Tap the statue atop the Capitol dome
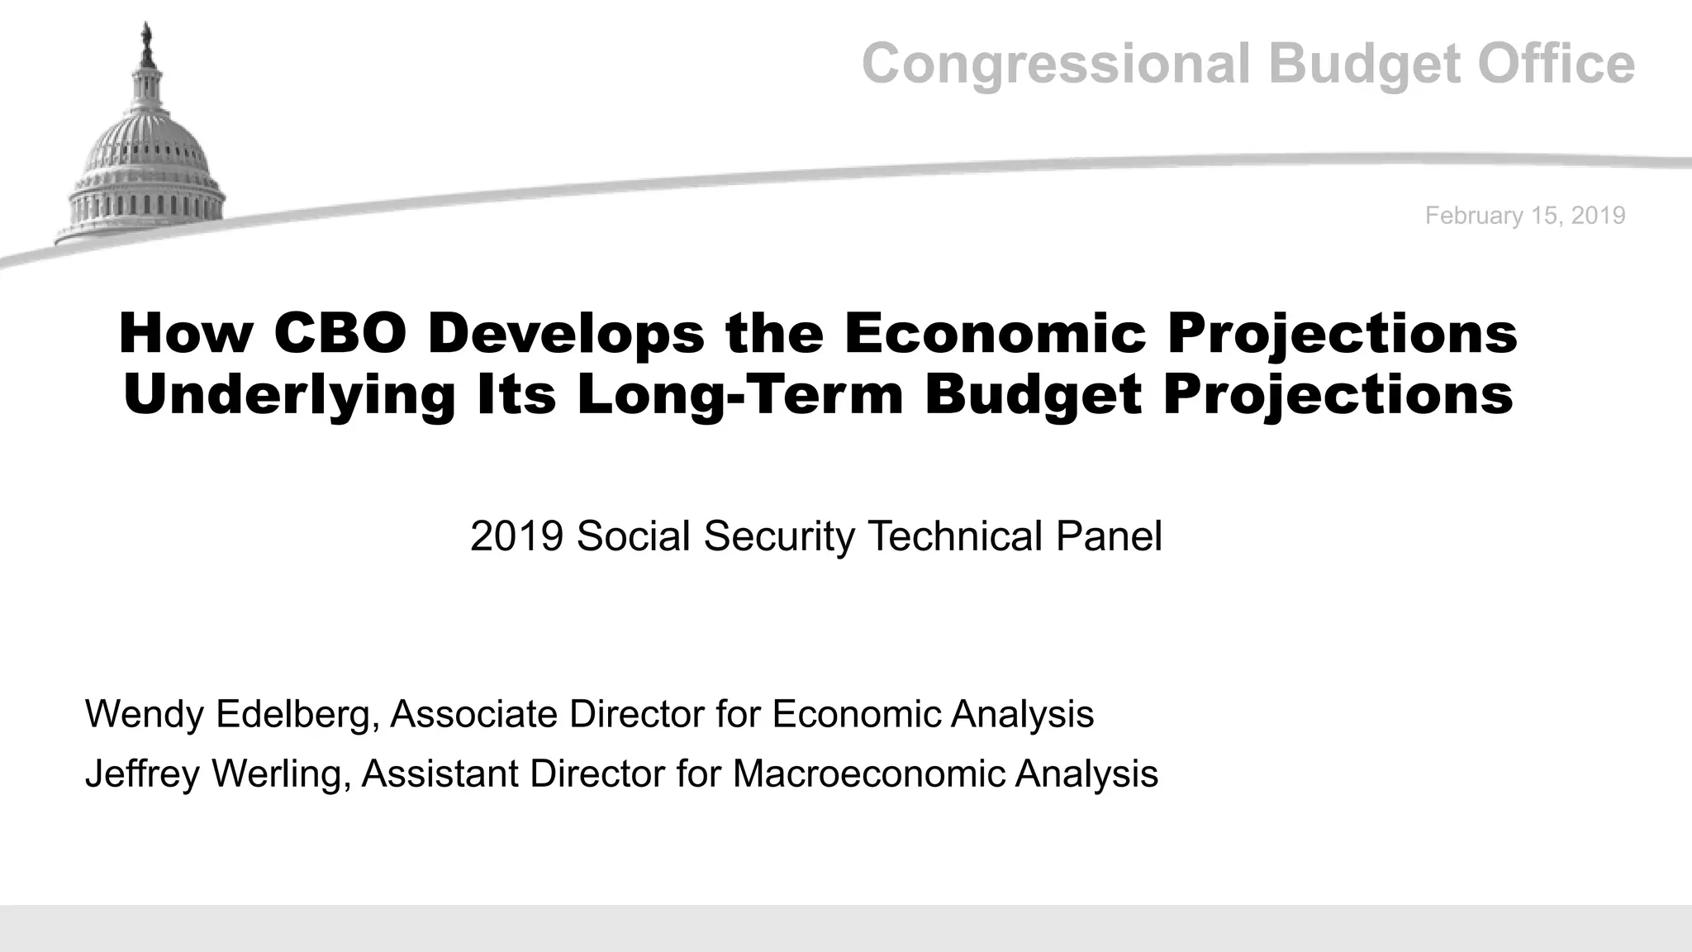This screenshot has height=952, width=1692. pos(147,37)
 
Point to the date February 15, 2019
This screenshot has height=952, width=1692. pos(1525,216)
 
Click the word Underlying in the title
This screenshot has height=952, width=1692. pos(289,395)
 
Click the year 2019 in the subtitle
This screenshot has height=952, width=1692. pos(516,536)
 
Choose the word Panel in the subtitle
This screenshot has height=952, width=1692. pos(1110,536)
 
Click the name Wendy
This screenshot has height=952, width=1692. pos(144,714)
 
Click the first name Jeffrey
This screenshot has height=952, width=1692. pos(142,774)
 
